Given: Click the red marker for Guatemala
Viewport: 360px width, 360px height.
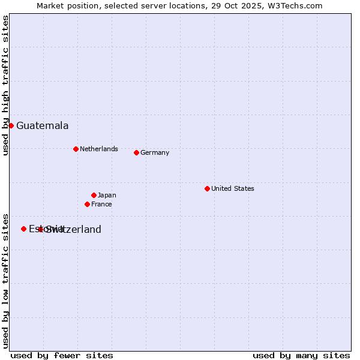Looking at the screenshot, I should (11, 125).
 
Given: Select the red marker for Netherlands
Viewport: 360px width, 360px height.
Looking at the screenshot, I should (76, 149).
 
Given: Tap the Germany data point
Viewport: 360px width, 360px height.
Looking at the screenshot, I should (136, 152).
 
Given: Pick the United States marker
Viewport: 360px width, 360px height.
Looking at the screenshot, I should (207, 188).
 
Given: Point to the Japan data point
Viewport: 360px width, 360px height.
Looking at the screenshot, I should (94, 195).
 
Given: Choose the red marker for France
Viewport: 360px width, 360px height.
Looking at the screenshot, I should (87, 204).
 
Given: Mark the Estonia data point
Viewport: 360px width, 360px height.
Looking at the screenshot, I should (23, 229).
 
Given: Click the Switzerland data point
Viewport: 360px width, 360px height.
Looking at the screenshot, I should (40, 229).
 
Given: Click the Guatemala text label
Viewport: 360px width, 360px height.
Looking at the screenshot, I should (42, 126).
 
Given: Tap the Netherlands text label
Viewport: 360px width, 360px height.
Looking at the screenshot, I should (98, 149).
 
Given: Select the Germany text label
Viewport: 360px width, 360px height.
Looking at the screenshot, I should (155, 152).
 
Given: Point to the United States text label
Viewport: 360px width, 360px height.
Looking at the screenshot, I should (232, 188).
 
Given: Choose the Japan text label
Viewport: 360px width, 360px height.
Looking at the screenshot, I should (107, 195).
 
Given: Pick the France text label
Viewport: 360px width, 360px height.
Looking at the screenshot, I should (101, 204).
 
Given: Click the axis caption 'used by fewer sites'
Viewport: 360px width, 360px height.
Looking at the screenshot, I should (62, 355).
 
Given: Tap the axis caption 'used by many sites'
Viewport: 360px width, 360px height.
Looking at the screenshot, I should (301, 355).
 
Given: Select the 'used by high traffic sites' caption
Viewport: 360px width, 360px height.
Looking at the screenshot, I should (5, 85).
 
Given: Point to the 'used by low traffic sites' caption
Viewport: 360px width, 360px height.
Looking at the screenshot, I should (5, 280).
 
